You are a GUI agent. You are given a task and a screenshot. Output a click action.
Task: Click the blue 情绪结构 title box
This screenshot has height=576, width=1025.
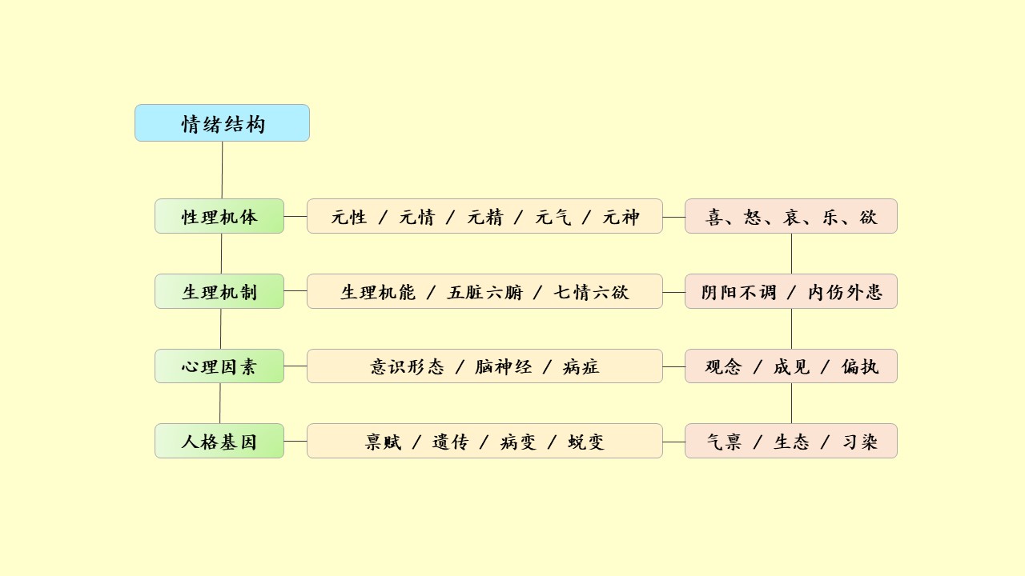[x=222, y=123]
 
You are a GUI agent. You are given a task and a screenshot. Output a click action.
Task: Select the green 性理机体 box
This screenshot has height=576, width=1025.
[x=219, y=216]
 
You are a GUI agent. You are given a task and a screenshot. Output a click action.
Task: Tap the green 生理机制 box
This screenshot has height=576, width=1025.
[x=219, y=291]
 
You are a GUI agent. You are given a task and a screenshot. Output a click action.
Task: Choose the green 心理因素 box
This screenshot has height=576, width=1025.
[x=219, y=366]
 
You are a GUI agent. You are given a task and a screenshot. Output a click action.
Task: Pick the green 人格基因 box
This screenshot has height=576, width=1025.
[x=219, y=441]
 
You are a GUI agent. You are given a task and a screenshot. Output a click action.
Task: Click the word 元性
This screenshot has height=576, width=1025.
[x=349, y=217]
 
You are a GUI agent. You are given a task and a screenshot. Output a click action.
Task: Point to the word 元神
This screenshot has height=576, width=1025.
[x=621, y=217]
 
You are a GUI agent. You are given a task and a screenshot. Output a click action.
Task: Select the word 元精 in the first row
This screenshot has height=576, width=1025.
[x=485, y=217]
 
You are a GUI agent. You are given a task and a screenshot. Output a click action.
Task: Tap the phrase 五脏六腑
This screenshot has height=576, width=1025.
[x=485, y=292]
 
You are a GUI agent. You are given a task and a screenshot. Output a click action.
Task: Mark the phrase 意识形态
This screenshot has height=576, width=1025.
[x=407, y=367]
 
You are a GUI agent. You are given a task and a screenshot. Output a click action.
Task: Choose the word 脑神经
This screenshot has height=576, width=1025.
[x=504, y=367]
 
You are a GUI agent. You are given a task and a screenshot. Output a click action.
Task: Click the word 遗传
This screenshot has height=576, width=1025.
[x=450, y=442]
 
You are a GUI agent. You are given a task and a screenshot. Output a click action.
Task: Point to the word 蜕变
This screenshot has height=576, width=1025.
[x=586, y=442]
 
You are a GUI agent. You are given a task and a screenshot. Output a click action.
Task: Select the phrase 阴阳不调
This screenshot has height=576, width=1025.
[x=739, y=292]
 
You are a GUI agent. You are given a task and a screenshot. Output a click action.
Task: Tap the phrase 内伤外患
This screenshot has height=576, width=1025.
[x=845, y=292]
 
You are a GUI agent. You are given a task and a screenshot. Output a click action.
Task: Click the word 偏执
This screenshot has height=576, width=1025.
[x=860, y=367]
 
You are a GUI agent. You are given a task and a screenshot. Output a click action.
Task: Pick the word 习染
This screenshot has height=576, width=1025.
[x=860, y=442]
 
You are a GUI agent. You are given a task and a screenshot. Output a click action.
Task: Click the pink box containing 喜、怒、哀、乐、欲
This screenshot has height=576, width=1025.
[x=791, y=216]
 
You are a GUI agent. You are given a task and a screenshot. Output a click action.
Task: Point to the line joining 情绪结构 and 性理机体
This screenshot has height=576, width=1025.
[x=222, y=170]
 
